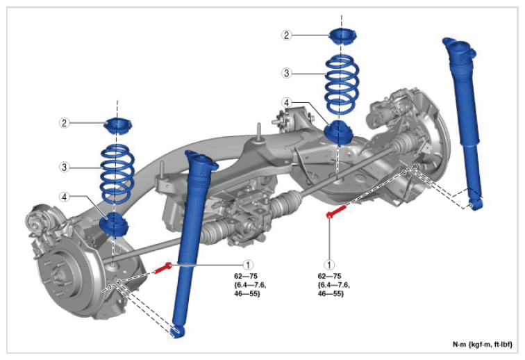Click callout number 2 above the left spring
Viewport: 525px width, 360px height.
pos(65,123)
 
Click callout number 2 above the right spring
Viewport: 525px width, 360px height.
pos(286,35)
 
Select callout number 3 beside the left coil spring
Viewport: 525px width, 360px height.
pos(65,167)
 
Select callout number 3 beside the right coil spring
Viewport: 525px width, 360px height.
pos(286,73)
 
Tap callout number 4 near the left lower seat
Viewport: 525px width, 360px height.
pos(65,197)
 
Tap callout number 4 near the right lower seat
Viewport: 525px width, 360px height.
pos(286,102)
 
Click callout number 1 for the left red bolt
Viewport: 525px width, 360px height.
pos(248,265)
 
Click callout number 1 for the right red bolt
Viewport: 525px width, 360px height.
pos(329,265)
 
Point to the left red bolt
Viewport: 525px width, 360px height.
pos(163,268)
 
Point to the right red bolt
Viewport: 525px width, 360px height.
pos(336,212)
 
